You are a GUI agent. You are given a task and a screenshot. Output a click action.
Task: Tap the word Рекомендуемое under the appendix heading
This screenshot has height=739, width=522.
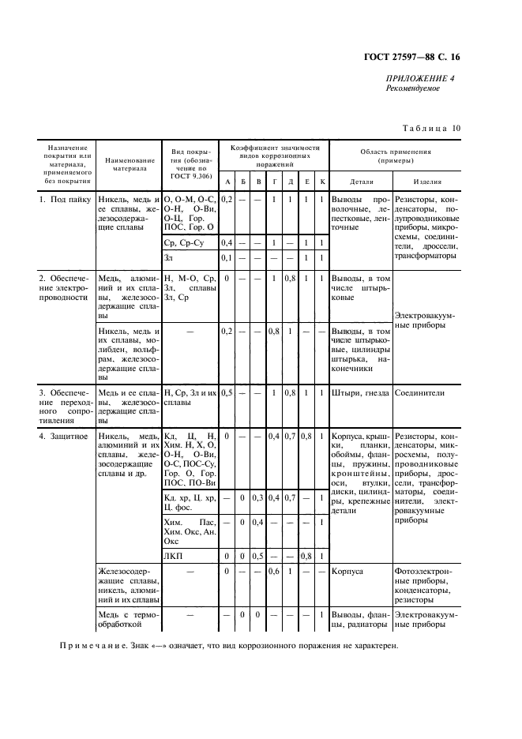412,88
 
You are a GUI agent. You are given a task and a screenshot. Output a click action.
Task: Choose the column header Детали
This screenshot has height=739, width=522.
360,182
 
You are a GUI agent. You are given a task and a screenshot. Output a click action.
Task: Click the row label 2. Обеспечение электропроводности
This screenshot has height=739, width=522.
66,288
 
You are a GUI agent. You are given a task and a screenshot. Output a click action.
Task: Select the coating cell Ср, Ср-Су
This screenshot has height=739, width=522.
182,242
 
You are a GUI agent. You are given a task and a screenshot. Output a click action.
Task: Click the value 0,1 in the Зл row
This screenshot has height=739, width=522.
226,258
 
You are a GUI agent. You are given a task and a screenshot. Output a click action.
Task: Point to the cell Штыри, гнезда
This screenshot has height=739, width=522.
359,393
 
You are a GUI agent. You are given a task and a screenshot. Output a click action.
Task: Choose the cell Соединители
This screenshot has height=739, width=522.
420,393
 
